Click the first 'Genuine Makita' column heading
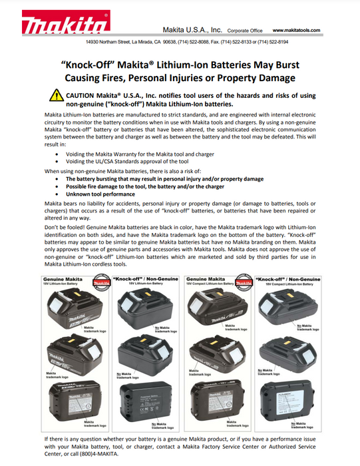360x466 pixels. pos(67,279)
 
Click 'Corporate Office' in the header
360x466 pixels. pos(245,31)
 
